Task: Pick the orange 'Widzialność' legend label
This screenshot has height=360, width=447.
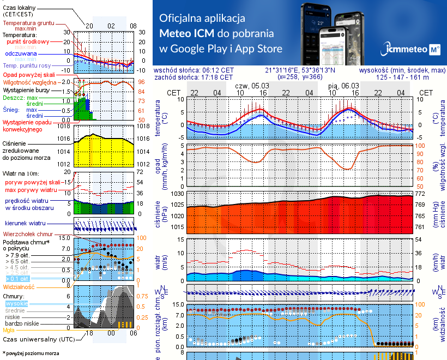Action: [19, 286]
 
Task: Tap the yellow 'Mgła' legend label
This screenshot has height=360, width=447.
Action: [9, 329]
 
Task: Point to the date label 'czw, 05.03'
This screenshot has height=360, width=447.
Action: [251, 86]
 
